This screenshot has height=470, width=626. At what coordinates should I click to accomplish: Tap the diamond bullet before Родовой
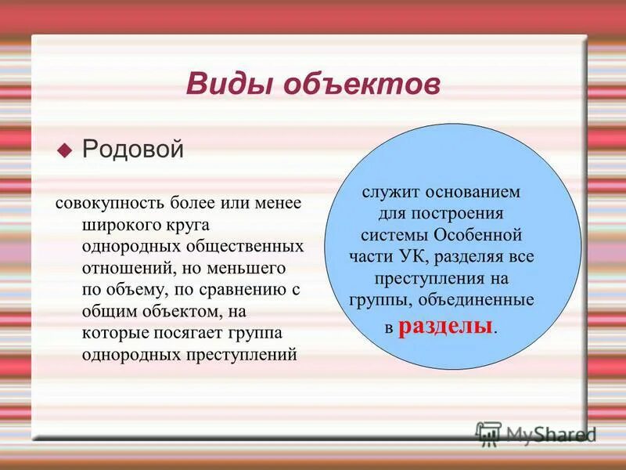(x=66, y=149)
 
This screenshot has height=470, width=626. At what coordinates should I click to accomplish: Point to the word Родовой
(x=133, y=149)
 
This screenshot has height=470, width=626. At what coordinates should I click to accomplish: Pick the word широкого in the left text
(x=116, y=225)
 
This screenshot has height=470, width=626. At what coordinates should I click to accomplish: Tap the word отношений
(x=122, y=268)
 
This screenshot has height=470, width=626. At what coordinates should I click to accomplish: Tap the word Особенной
(x=477, y=235)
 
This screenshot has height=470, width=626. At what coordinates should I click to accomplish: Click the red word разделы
(x=446, y=326)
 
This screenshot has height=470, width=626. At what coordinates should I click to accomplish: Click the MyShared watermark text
(x=551, y=433)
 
